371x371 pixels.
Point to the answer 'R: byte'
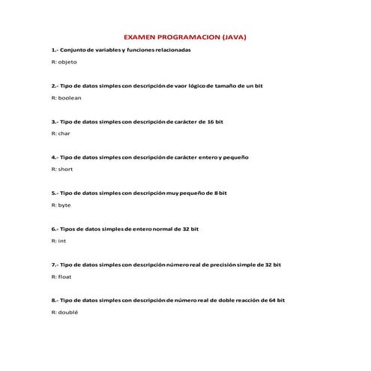tap(61, 205)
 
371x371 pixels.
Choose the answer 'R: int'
tap(59, 241)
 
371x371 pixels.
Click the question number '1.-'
tap(55, 49)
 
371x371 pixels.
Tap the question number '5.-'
tap(55, 193)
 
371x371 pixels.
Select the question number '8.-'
tap(55, 300)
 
